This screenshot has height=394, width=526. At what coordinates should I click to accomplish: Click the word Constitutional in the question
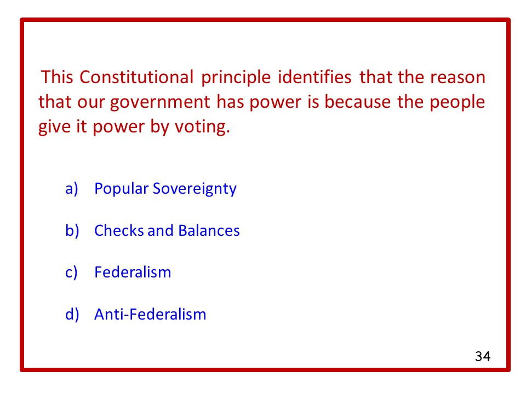pos(136,77)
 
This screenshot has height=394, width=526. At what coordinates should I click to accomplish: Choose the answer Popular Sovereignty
pos(165,189)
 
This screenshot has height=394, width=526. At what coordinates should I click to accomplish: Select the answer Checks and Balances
pos(167,230)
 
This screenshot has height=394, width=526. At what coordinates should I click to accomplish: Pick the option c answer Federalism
pos(133,272)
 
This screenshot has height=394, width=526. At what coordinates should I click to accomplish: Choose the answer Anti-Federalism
pos(150,314)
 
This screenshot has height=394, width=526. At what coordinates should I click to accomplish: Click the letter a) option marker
pos(72,189)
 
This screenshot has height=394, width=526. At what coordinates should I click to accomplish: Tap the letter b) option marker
pos(72,230)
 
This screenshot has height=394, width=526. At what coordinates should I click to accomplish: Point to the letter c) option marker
pos(72,272)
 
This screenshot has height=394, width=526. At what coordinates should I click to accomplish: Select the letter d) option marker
pos(72,314)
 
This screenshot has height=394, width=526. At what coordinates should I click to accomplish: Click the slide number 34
pos(482,357)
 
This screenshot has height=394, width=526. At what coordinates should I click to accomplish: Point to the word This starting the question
pos(58,77)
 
